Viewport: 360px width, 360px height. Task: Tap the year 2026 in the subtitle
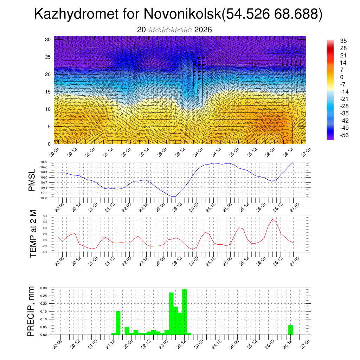pos(203,30)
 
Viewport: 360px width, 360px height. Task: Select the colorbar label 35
pos(343,41)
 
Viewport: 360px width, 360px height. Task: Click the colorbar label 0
pos(341,77)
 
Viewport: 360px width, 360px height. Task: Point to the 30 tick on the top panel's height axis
pos(48,39)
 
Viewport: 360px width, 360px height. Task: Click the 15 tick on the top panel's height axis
pos(48,92)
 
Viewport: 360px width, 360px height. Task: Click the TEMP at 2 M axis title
pos(33,233)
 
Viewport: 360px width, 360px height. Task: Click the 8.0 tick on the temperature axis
pos(45,216)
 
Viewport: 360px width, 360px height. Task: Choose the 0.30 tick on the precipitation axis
pos(43,288)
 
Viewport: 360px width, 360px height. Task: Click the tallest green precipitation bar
pos(185,311)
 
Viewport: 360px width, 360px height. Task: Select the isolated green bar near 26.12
pos(290,330)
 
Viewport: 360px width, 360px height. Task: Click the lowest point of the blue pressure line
pos(173,197)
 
